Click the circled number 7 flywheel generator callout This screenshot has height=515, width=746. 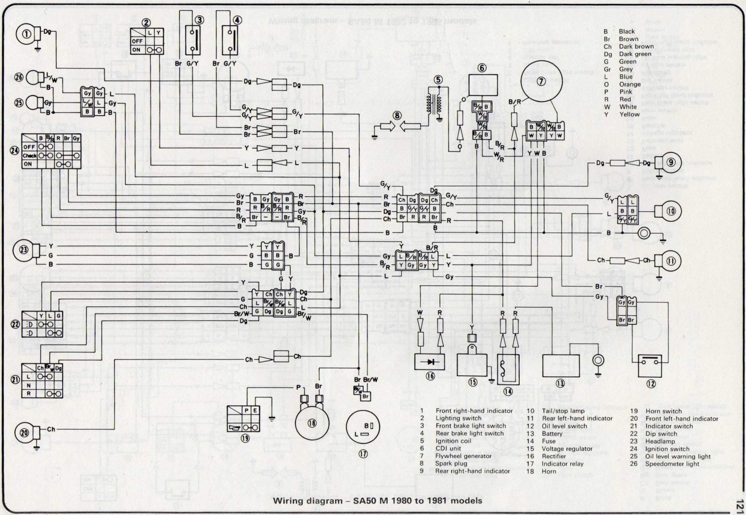[x=541, y=82]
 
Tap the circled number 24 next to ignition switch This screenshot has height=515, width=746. [x=15, y=150]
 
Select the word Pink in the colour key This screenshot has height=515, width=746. [x=626, y=92]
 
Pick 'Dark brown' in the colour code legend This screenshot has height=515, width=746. [x=636, y=46]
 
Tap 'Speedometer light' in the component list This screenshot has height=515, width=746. [x=672, y=464]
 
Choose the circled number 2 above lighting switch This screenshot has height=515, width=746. [x=146, y=23]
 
